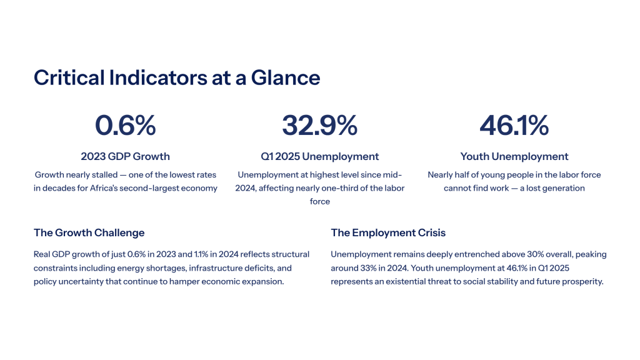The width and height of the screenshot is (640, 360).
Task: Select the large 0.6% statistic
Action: click(125, 125)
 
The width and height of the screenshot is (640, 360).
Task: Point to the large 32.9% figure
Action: click(319, 125)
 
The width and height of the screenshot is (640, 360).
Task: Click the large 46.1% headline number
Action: click(514, 125)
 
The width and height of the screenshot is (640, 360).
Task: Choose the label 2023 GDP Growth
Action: click(125, 156)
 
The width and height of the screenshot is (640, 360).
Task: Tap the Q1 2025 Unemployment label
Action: click(319, 156)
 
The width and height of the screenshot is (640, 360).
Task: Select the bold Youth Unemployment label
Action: click(514, 156)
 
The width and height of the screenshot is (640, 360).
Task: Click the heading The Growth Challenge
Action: click(89, 232)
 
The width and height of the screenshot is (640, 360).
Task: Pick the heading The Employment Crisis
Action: click(388, 232)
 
